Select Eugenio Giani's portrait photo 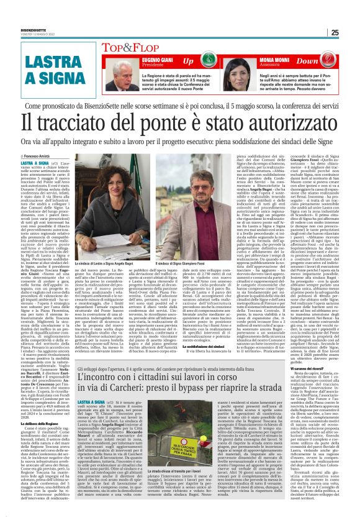click(122, 76)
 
